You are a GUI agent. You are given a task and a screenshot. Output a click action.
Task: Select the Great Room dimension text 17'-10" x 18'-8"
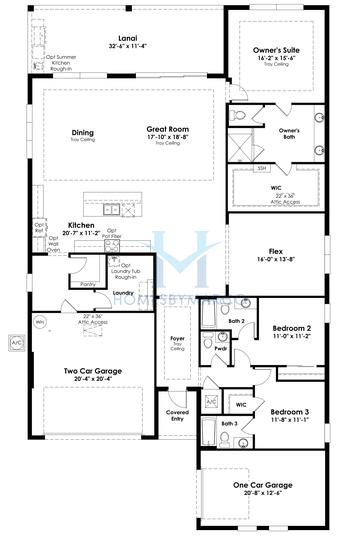click(x=163, y=136)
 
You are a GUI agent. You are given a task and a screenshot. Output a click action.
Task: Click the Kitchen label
click(x=81, y=225)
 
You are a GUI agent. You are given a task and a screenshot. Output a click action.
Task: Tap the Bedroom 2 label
click(x=290, y=327)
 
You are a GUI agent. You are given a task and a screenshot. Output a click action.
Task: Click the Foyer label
click(x=176, y=340)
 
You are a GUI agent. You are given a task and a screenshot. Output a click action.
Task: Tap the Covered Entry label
click(x=177, y=415)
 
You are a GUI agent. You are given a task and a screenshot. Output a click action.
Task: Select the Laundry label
click(x=123, y=293)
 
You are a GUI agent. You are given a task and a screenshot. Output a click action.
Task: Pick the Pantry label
click(x=85, y=284)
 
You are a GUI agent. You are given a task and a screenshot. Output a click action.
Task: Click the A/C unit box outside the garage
click(x=15, y=342)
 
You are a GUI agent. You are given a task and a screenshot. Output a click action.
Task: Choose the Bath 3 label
click(x=228, y=424)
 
